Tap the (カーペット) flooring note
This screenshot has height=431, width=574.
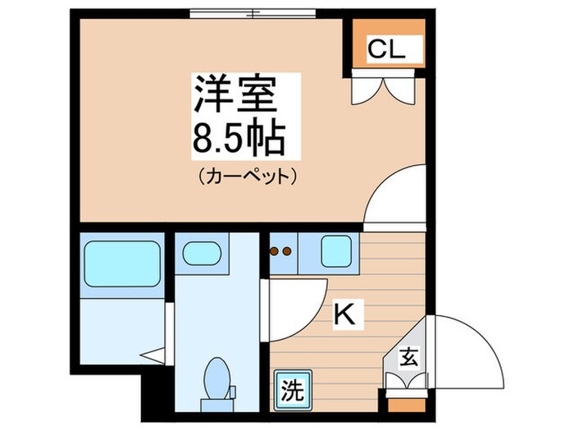245,176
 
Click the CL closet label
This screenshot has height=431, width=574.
385,50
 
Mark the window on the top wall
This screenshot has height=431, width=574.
252,12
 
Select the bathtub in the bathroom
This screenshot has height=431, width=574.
123,264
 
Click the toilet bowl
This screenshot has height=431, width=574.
217,377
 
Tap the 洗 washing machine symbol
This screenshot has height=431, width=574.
292,387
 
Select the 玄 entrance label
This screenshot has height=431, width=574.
407,358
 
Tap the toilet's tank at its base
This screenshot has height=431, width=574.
217,399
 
